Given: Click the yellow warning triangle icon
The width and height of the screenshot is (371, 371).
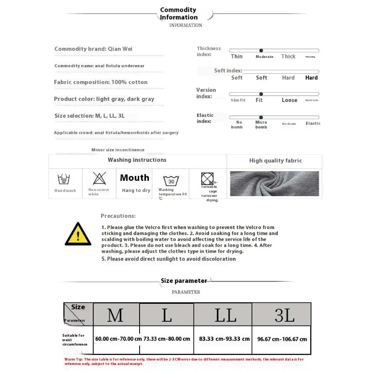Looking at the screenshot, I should (x=78, y=234).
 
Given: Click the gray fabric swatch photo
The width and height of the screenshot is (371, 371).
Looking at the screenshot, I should (x=275, y=183).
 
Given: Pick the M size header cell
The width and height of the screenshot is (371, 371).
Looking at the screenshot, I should (x=115, y=315).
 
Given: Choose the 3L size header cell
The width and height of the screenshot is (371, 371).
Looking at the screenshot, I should (x=284, y=315).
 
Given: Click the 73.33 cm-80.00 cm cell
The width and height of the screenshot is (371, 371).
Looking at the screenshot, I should (x=167, y=339).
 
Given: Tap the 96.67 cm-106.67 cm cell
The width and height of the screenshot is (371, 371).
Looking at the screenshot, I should (x=282, y=339).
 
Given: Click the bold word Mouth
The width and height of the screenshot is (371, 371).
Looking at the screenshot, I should (x=134, y=178).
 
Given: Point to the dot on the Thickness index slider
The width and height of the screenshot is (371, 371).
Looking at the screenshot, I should (x=261, y=50).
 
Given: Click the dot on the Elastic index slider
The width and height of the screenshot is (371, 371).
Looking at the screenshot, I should (x=261, y=117).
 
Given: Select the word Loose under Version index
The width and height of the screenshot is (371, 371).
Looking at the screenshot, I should (x=289, y=100).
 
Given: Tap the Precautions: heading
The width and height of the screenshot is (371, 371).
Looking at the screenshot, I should (x=118, y=216).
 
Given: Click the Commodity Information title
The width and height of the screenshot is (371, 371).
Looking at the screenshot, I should (x=179, y=13).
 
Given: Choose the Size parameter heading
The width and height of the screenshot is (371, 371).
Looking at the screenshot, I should (x=184, y=281).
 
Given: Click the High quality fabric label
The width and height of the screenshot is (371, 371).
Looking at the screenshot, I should (x=275, y=161).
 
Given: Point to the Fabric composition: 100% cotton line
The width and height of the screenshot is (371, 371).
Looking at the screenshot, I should (x=101, y=82).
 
